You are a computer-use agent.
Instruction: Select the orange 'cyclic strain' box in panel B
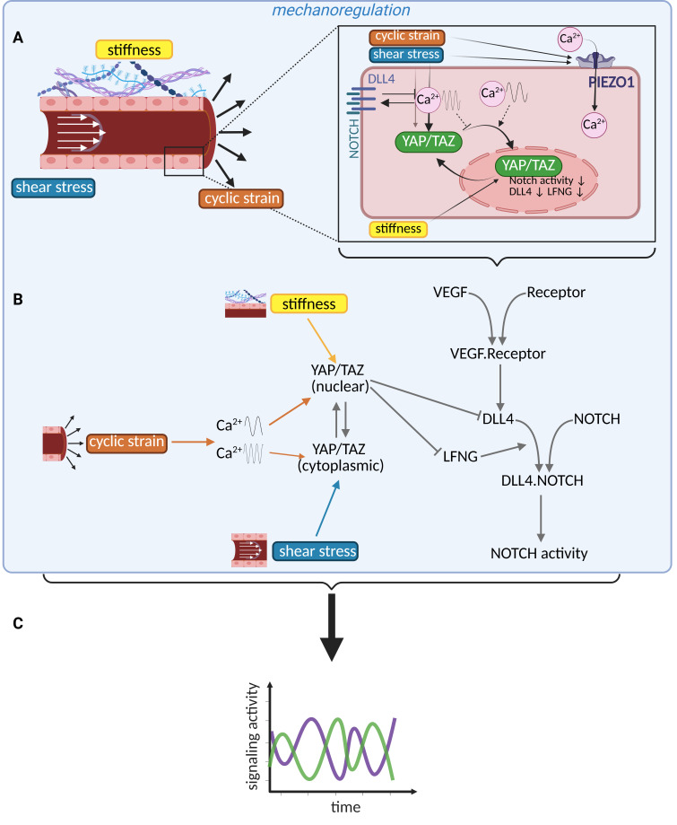(x=126, y=443)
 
